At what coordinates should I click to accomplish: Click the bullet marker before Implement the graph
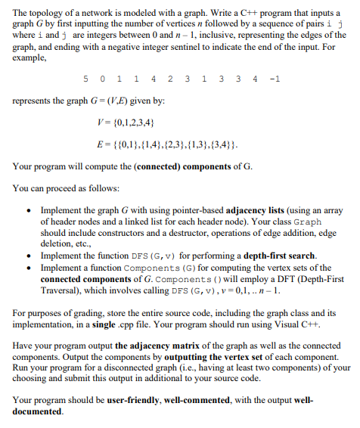pos(29,212)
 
